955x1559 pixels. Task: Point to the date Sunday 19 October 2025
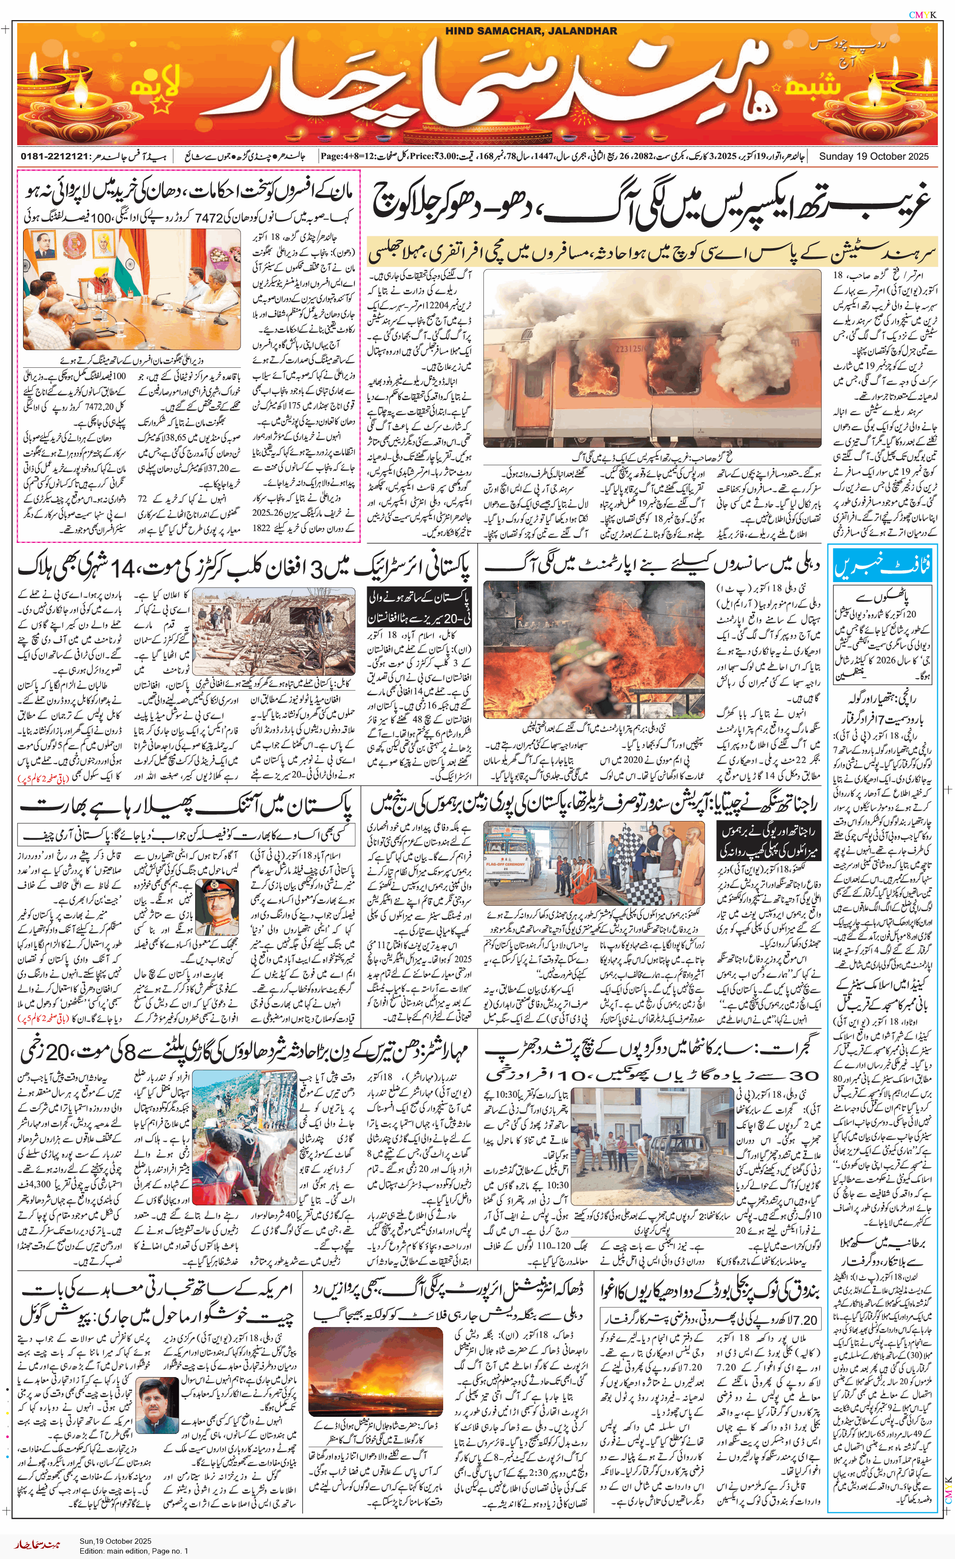tap(874, 156)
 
